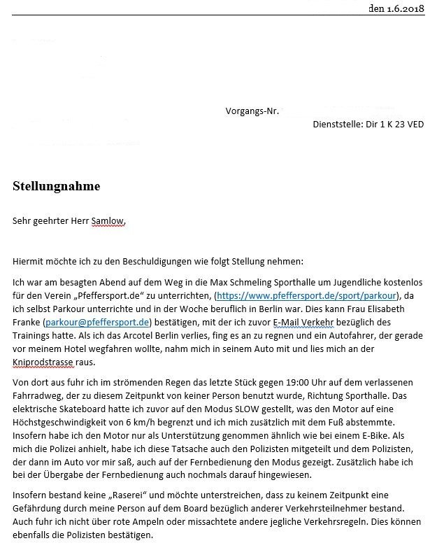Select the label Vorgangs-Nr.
pos(252,111)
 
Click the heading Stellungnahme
pos(57,186)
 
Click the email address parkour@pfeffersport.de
pos(97,322)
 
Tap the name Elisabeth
pos(399,309)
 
